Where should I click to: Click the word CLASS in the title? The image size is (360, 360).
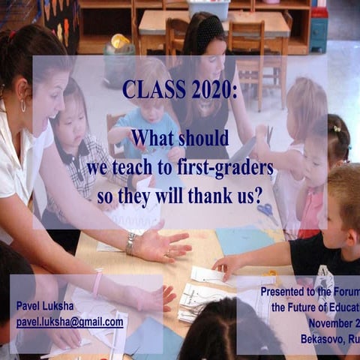[x=153, y=91]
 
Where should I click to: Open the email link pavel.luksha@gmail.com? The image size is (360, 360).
[x=70, y=322]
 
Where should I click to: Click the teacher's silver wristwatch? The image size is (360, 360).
[x=131, y=243]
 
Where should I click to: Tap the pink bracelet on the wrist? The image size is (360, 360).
[x=97, y=283]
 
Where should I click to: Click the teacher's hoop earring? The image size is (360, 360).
[x=22, y=106]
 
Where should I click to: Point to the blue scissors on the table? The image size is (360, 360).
[x=267, y=212]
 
